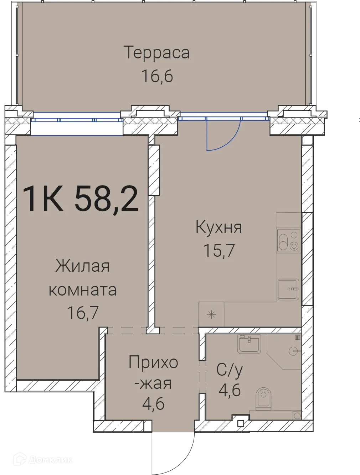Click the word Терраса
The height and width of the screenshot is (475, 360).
click(156, 52)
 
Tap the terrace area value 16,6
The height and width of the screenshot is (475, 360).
click(157, 76)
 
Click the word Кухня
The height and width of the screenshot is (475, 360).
click(218, 227)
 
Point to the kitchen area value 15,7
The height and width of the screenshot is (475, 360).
click(219, 250)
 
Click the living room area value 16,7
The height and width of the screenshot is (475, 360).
click(83, 313)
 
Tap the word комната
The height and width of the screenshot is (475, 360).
click(82, 290)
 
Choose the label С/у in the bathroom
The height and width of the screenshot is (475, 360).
click(230, 370)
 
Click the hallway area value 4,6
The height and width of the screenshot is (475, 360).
click(153, 404)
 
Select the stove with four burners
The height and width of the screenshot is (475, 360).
click(289, 240)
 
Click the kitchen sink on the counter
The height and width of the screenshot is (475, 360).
click(288, 289)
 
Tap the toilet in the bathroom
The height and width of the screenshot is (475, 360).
click(263, 398)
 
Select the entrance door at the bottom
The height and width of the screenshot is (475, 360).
click(174, 452)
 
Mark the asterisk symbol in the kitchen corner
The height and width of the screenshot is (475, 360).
click(212, 314)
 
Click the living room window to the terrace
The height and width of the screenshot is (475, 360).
click(77, 124)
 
